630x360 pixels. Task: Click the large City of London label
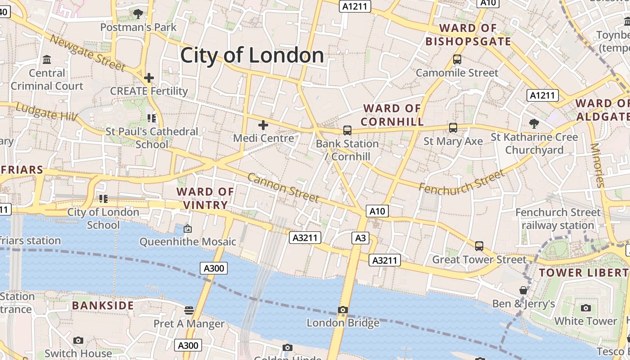point(252,55)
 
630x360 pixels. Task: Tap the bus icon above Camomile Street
point(457,59)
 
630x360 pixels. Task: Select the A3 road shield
point(360,238)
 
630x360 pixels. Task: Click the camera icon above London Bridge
point(343,310)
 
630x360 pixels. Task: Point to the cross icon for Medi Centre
point(263,125)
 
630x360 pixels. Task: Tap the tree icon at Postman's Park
point(138,14)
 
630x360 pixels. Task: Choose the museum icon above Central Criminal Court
point(47,59)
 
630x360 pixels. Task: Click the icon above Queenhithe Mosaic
point(188,229)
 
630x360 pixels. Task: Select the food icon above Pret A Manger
point(189,310)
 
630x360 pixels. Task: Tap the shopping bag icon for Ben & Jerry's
point(523,290)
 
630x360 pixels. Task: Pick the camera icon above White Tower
point(585,308)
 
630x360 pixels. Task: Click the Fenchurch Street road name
point(462,181)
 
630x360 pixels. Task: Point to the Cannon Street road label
point(283,188)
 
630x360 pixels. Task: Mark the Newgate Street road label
point(87,53)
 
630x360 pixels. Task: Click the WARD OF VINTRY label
point(205,198)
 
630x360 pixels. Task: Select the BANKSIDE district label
point(103,306)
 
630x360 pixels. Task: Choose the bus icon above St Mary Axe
point(453,128)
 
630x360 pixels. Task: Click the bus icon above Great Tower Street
point(479,246)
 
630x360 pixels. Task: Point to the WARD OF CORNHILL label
point(392,115)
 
